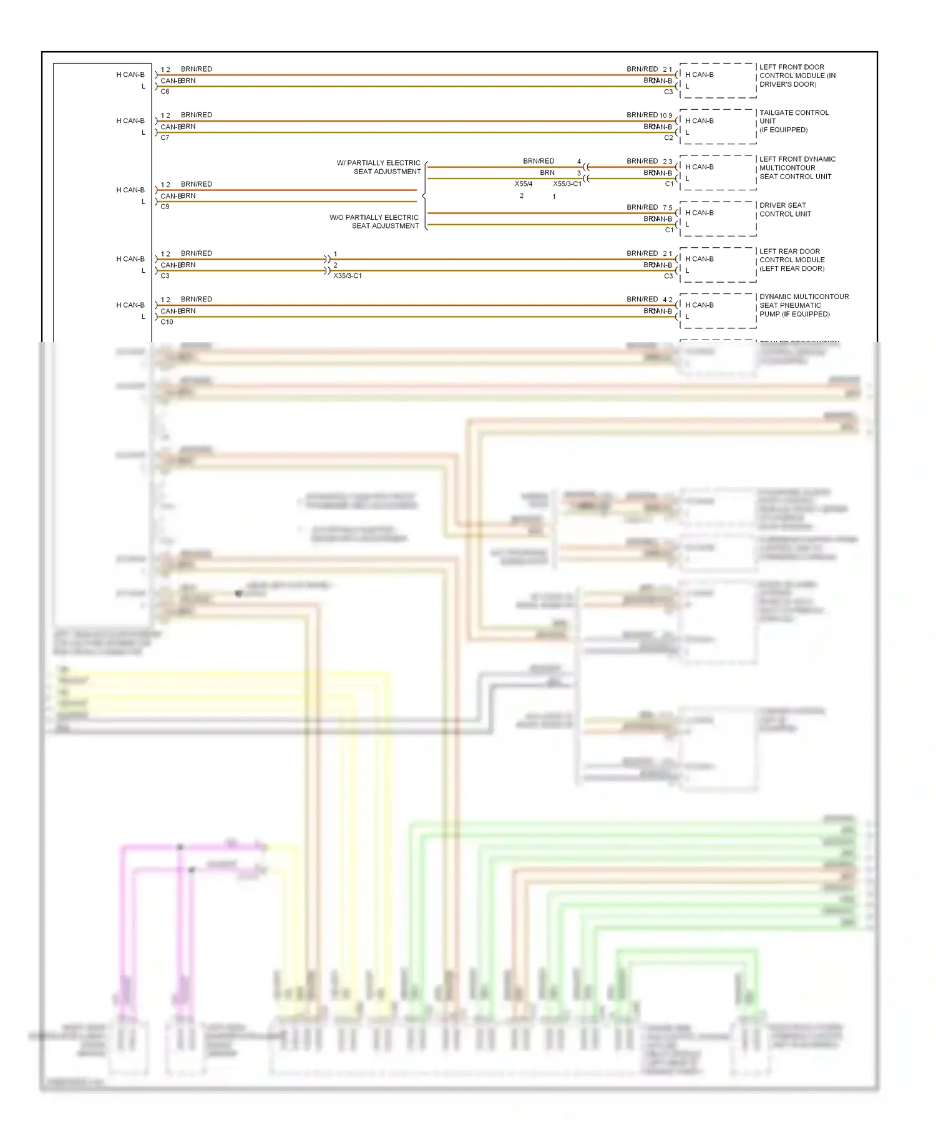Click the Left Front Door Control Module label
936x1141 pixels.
pyautogui.click(x=797, y=76)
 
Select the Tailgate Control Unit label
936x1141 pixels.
pyautogui.click(x=794, y=121)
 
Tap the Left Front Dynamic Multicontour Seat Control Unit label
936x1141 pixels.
pyautogui.click(x=797, y=168)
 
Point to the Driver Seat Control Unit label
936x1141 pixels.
pyautogui.click(x=785, y=210)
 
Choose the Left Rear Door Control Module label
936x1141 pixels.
pyautogui.click(x=792, y=260)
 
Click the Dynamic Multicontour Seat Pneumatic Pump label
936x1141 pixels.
pyautogui.click(x=804, y=305)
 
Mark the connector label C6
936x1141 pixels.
pyautogui.click(x=165, y=92)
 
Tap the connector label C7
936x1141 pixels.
pyautogui.click(x=165, y=138)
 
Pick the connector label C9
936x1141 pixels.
pyautogui.click(x=165, y=207)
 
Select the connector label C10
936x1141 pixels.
pyautogui.click(x=167, y=322)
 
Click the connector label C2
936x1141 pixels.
pyautogui.click(x=668, y=138)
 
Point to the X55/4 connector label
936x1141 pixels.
pyautogui.click(x=524, y=184)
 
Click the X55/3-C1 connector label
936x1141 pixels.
pyautogui.click(x=567, y=184)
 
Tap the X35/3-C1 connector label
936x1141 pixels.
pyautogui.click(x=348, y=276)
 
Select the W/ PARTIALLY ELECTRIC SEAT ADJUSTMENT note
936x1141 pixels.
pyautogui.click(x=379, y=167)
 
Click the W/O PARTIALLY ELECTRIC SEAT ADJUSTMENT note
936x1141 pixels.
pyautogui.click(x=374, y=222)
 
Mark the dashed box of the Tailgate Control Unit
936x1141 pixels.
pyautogui.click(x=718, y=127)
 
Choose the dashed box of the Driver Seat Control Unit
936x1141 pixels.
pyautogui.click(x=718, y=218)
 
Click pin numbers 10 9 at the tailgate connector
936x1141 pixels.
pyautogui.click(x=666, y=115)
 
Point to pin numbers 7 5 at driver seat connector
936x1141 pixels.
pyautogui.click(x=668, y=208)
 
